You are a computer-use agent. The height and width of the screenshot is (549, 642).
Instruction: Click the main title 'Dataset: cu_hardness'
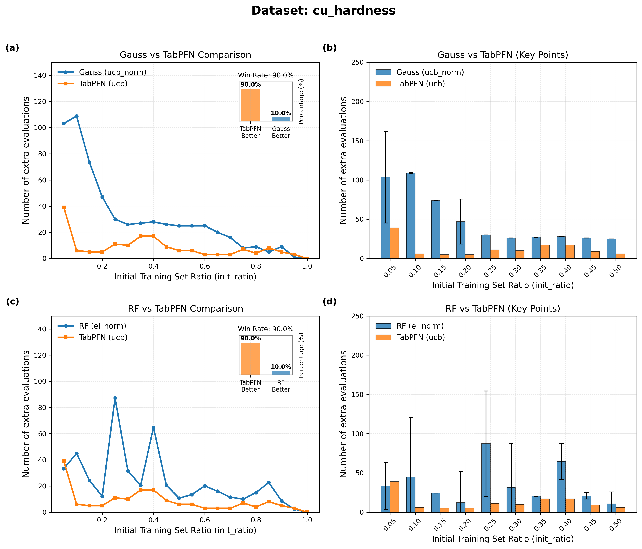(x=323, y=11)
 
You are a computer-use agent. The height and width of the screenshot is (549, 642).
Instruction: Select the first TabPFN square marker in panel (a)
(x=64, y=207)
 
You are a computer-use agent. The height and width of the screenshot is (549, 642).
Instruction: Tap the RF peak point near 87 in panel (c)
(x=115, y=398)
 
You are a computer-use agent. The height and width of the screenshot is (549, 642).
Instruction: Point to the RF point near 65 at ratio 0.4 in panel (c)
(x=153, y=427)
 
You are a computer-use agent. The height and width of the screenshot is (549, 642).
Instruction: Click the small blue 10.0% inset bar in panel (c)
(x=281, y=373)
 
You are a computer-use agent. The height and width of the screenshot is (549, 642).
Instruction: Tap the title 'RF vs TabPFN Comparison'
(x=185, y=309)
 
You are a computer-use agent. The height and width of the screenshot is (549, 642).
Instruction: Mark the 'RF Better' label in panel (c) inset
(x=281, y=386)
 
